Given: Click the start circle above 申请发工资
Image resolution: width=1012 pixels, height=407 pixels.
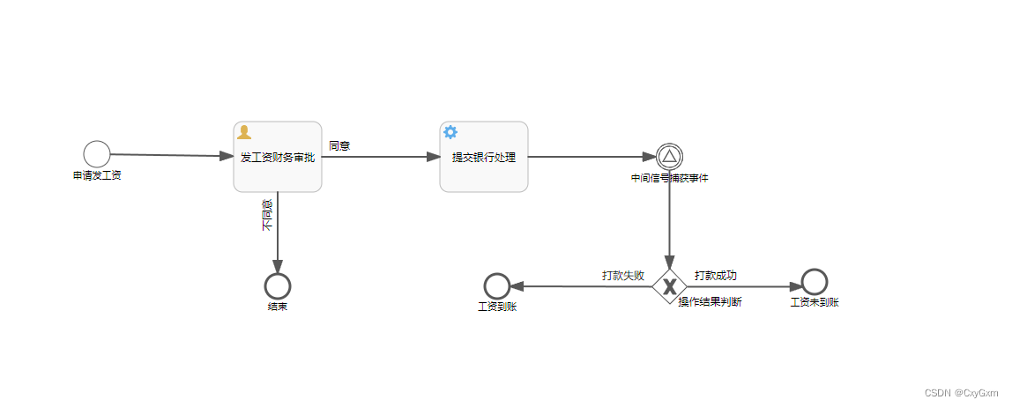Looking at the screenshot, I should point(97,154).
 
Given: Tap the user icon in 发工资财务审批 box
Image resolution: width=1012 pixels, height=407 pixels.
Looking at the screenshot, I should point(244,132).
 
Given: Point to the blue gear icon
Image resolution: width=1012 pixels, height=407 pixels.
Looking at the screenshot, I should point(450,132).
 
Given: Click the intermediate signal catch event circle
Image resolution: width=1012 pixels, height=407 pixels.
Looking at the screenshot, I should point(669,157).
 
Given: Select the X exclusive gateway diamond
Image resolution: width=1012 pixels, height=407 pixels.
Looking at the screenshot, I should point(670,286).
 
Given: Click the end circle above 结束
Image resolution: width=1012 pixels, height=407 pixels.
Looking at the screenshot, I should point(278,286).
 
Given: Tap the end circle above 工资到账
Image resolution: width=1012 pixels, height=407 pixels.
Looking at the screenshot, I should point(497,286).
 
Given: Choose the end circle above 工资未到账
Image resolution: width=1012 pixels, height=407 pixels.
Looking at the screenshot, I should point(815,282).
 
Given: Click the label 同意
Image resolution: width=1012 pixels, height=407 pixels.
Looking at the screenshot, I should point(339,146).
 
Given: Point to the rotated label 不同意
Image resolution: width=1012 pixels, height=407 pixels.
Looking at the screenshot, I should point(267,216).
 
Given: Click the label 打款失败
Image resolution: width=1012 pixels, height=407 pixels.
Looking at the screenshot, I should point(623,276).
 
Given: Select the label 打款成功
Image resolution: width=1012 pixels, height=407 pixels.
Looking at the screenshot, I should point(716,276).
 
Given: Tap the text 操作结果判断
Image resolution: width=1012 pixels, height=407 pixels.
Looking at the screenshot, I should point(710,302).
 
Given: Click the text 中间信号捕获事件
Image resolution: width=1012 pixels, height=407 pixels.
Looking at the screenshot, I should point(669,178).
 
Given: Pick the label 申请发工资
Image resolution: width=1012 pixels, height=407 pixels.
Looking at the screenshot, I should point(97,175).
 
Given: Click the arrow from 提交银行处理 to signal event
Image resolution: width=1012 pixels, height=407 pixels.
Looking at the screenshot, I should point(591,157).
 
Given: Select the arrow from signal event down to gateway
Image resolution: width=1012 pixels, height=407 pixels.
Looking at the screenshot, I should point(670,220).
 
